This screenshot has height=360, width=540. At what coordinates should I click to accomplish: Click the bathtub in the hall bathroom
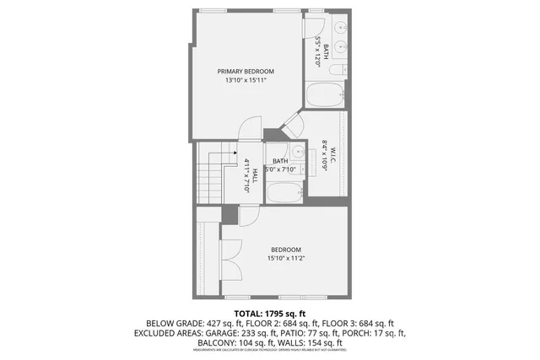284,194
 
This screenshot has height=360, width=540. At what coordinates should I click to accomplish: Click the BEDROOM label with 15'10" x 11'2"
285,249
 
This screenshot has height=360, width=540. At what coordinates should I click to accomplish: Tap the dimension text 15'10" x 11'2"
285,259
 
